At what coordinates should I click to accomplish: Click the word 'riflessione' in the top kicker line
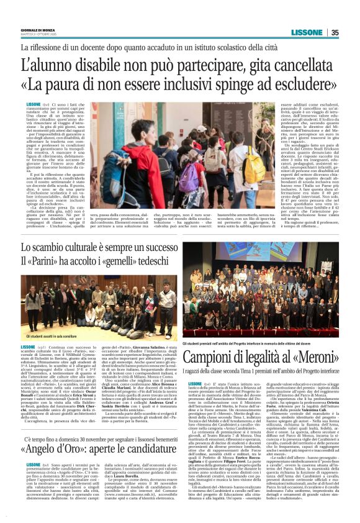[52, 48]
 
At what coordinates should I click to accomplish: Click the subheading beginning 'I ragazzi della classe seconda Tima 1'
[270, 370]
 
